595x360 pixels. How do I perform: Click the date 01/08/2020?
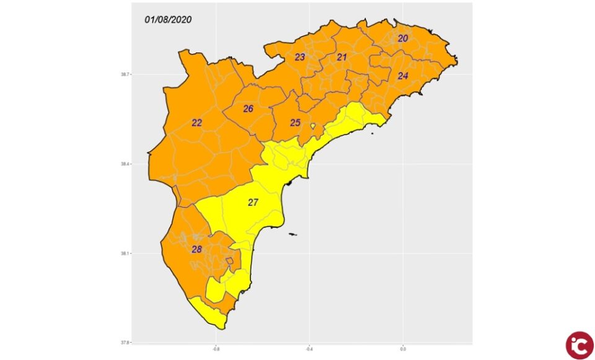pos(168,20)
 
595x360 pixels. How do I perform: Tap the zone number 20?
pos(403,38)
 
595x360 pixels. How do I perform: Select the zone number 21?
pos(342,57)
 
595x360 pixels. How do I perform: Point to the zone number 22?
pos(196,123)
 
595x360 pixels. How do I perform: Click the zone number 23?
pos(300,57)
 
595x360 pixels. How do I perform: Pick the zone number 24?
pos(403,76)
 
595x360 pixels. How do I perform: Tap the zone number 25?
pos(296,123)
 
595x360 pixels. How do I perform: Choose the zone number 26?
pos(249,109)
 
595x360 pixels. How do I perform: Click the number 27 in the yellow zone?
pos(253,203)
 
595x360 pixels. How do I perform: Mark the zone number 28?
pos(196,250)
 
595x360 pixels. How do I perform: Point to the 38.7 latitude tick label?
pos(125,74)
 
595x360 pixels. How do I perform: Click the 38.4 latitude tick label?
pos(125,164)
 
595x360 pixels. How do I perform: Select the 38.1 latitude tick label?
pos(125,253)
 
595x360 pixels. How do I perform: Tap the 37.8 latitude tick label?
pos(125,343)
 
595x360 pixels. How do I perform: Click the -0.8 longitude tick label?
pos(216,348)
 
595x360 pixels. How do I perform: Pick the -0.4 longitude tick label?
pos(309,348)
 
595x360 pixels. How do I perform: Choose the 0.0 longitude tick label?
pos(403,348)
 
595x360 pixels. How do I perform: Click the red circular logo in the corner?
pos(579,345)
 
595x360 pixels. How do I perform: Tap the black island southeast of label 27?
pos(292,234)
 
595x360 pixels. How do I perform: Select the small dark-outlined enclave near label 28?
pos(230,261)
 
